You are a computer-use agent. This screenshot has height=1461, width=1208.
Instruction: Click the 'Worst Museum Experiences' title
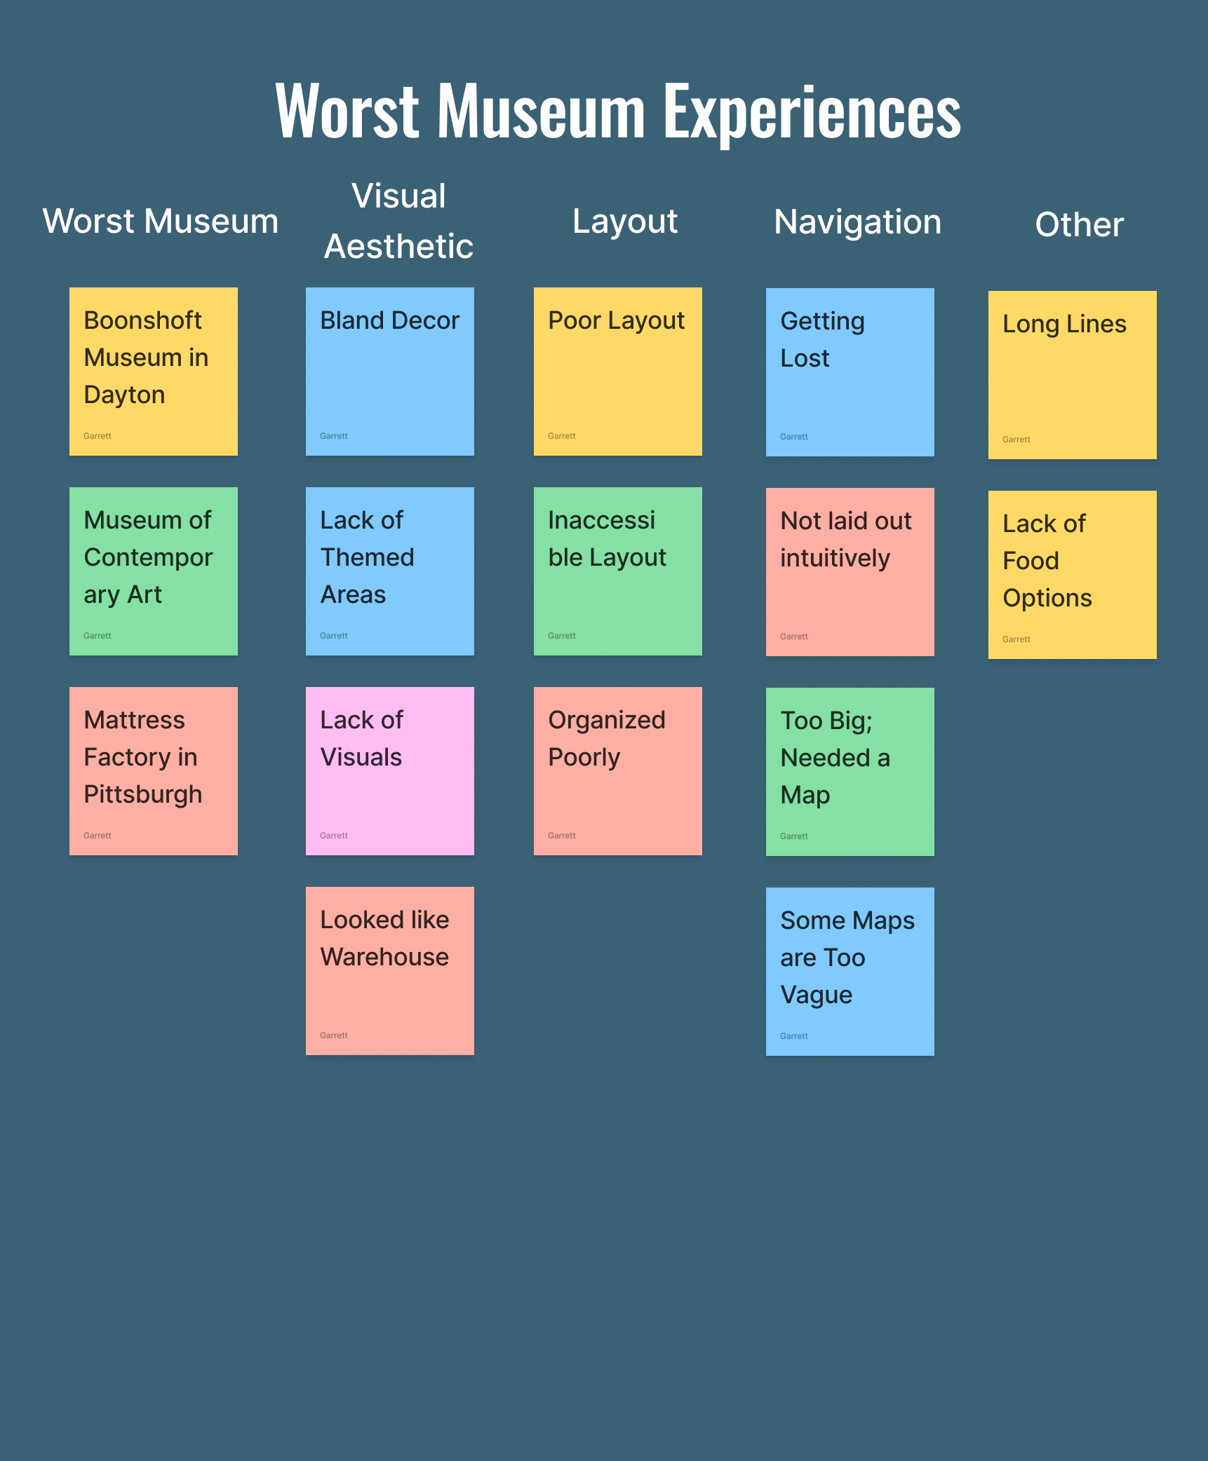click(x=617, y=111)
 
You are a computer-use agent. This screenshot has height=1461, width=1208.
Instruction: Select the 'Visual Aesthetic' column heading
click(x=398, y=221)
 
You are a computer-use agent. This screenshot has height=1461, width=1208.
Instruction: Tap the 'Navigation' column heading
click(x=857, y=222)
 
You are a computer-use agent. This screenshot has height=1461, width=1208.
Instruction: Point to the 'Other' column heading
click(x=1079, y=225)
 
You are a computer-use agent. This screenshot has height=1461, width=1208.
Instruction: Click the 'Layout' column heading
click(x=624, y=222)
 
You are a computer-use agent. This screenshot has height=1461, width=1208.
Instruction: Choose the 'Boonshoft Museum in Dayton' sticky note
click(x=154, y=372)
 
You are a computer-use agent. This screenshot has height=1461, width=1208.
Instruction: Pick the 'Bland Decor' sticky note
click(x=390, y=372)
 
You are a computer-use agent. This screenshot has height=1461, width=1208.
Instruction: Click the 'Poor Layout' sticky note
click(x=618, y=372)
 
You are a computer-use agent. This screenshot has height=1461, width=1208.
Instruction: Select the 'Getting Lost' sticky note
click(x=850, y=372)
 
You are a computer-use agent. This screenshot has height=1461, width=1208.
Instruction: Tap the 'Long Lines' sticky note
click(x=1073, y=375)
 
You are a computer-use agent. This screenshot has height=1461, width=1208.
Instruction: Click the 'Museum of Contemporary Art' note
click(x=154, y=571)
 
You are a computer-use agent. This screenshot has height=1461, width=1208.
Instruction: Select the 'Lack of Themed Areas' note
click(x=390, y=571)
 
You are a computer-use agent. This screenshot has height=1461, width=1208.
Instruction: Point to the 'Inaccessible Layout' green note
click(x=618, y=571)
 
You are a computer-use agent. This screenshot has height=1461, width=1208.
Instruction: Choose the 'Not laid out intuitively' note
click(x=850, y=572)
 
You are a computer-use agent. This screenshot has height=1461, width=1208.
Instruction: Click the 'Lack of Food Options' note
click(x=1073, y=575)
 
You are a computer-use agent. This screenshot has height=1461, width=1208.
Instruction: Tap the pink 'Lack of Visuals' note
click(x=390, y=771)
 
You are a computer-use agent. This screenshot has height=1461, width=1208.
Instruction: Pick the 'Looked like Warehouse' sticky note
click(x=390, y=971)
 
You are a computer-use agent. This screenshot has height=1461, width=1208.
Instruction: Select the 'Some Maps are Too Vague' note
click(x=850, y=972)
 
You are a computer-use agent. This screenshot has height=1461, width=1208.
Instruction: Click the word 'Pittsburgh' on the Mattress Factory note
click(x=143, y=794)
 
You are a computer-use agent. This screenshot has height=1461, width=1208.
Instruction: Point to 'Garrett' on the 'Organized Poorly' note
click(x=562, y=836)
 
